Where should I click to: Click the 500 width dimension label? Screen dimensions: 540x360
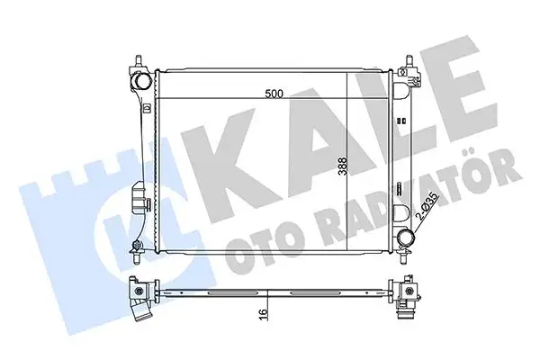point(274,94)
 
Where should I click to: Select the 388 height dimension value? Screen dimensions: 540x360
point(343,166)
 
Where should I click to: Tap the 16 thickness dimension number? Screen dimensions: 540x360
point(263,313)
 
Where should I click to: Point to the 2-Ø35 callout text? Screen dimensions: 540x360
point(427,206)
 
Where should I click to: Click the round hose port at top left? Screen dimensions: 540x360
point(141,80)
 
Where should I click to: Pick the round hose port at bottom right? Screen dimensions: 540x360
point(405,238)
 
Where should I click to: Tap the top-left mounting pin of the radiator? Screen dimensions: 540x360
point(139,61)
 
